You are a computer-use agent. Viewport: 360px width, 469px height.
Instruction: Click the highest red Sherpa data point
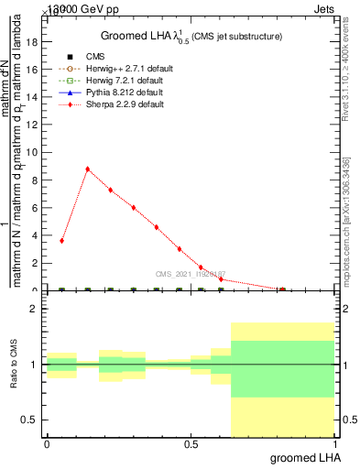(87, 169)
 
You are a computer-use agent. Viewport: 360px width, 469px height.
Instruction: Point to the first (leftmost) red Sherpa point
(61, 241)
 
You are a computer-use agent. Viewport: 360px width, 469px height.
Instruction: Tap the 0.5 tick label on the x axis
(190, 443)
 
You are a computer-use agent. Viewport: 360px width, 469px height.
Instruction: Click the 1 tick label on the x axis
(333, 443)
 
